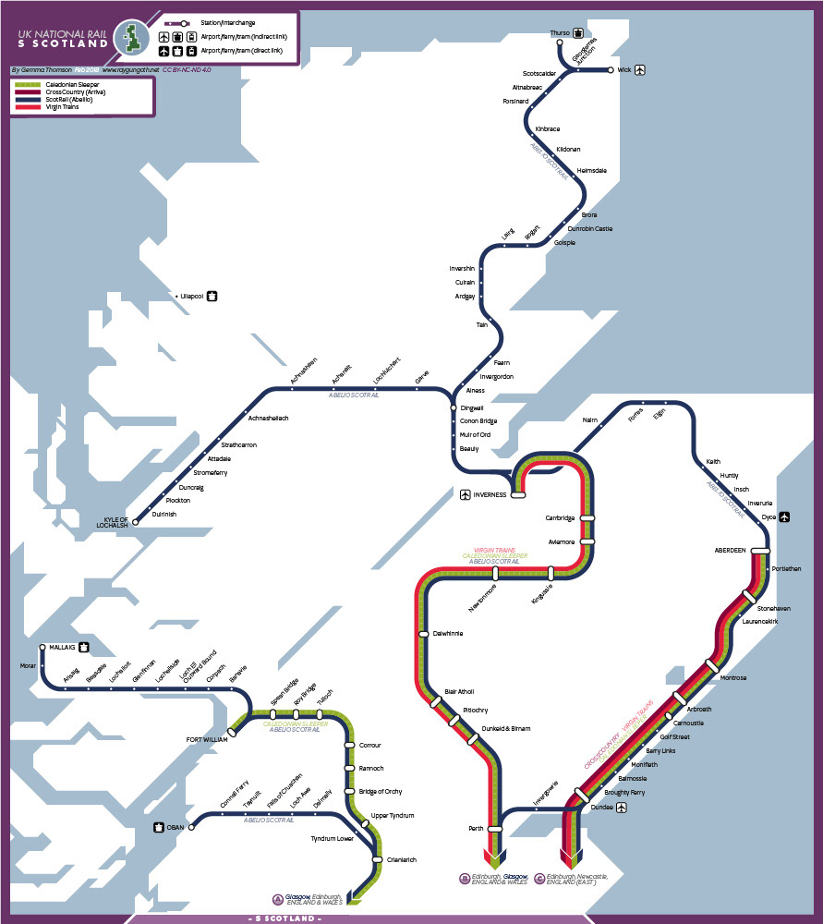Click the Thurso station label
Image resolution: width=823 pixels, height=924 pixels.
(560, 33)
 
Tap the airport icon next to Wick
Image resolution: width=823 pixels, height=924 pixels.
(640, 69)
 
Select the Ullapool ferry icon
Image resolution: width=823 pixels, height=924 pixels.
(212, 297)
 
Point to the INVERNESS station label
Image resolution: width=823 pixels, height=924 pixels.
(490, 495)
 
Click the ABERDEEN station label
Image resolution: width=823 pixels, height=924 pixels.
(730, 551)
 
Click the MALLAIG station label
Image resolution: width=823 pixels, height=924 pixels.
(62, 648)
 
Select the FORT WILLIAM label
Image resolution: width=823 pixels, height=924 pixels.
(206, 739)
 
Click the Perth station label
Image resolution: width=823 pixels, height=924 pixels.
(477, 829)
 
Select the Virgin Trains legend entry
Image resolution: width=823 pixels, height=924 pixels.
(62, 107)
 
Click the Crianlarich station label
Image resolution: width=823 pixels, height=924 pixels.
(401, 860)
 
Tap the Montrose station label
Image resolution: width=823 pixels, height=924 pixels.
(733, 678)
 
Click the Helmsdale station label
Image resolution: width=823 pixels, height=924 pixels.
(591, 171)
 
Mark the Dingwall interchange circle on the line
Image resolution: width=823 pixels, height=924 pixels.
(453, 407)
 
